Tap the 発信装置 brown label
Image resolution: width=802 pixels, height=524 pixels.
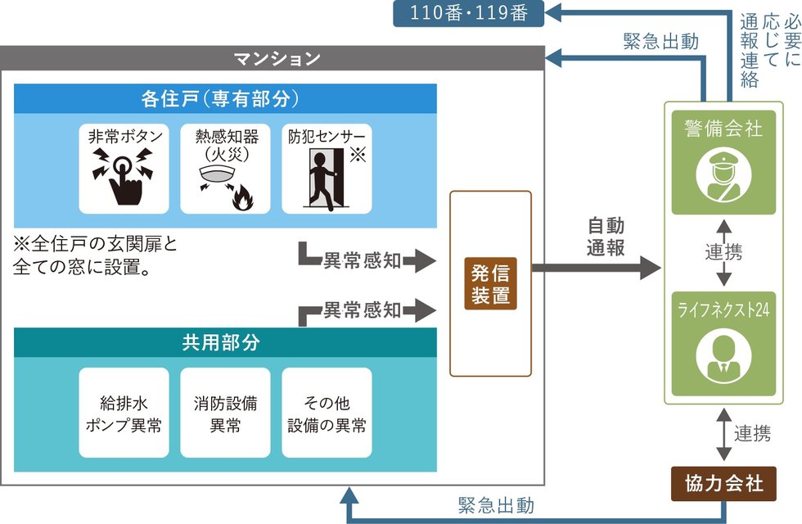[490, 282]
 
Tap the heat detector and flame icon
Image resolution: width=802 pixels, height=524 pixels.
[225, 181]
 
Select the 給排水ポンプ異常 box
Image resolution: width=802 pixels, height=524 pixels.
[124, 414]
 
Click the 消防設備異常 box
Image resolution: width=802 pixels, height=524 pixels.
[225, 414]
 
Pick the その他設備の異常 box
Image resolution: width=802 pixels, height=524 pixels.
[326, 414]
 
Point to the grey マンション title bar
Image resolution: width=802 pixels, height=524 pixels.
[276, 58]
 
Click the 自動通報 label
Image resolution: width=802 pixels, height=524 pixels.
[606, 236]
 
